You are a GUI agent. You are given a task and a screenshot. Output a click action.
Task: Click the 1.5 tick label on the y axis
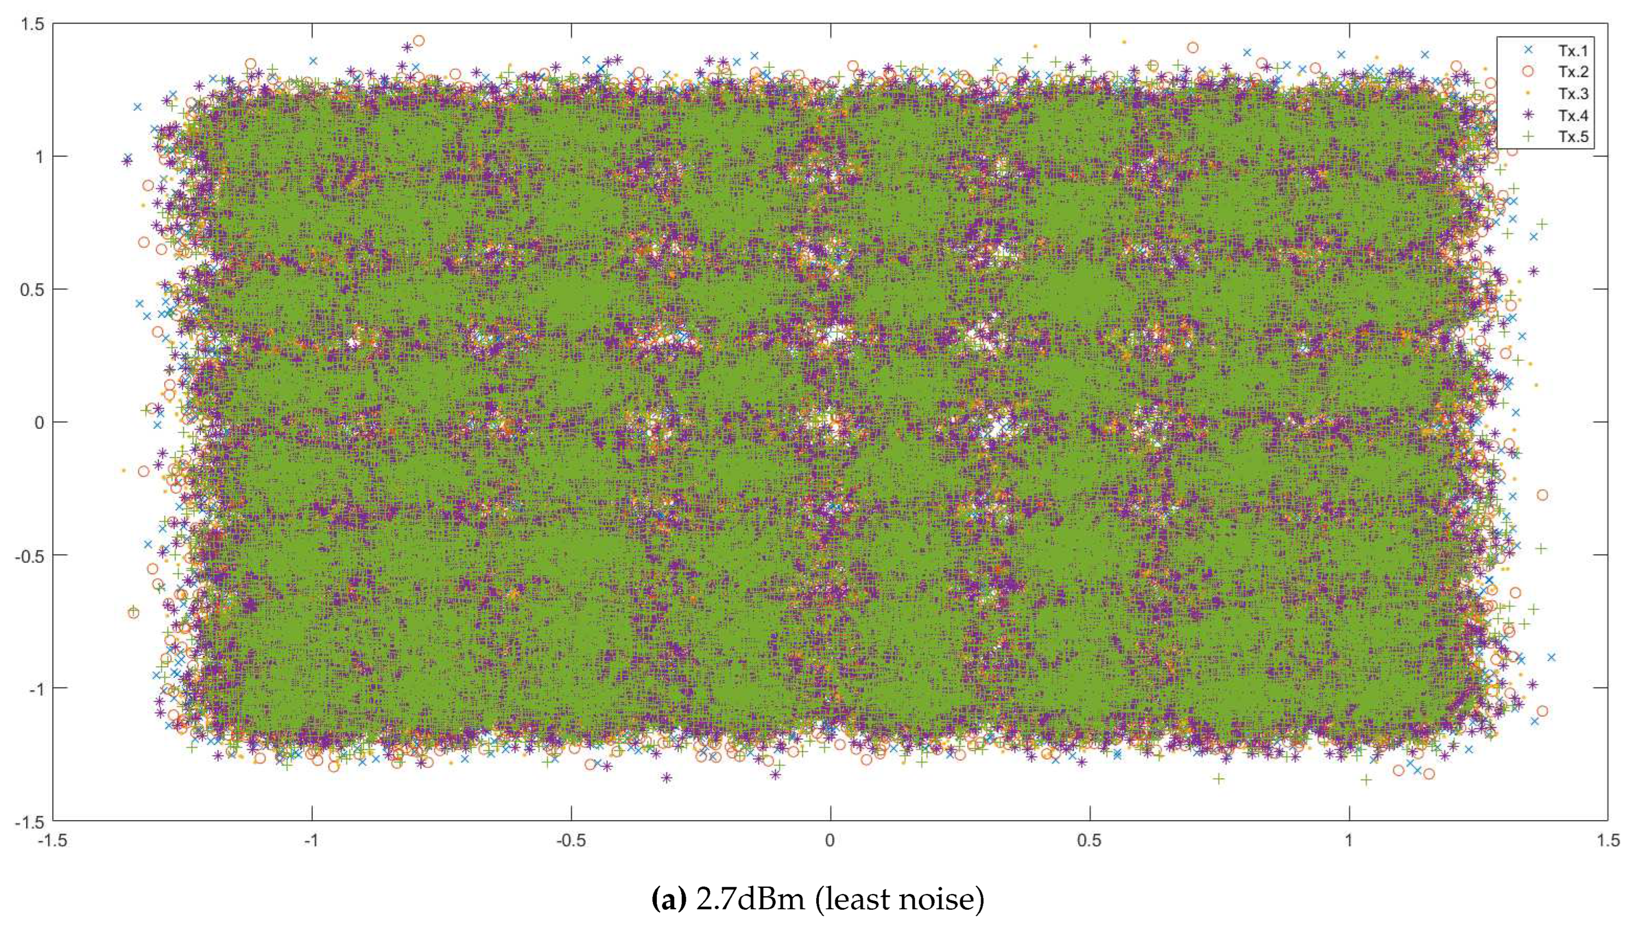tap(32, 24)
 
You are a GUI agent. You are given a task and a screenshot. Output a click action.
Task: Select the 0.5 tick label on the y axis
tap(32, 290)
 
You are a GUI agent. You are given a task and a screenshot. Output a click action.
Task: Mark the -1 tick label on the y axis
tap(35, 688)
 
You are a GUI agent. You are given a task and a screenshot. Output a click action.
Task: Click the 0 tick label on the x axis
tap(830, 840)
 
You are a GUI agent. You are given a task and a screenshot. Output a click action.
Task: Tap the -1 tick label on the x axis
tap(311, 840)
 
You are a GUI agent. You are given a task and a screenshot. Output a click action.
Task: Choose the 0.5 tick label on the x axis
tap(1090, 840)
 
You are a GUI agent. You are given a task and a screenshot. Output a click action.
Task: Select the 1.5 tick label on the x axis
tap(1608, 840)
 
